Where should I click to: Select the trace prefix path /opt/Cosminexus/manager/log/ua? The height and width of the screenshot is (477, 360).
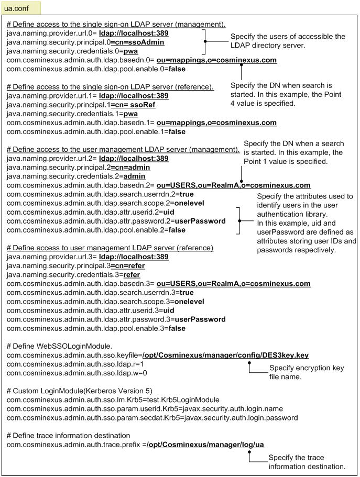coord(206,445)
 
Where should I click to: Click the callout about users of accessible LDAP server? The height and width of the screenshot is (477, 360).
coord(288,40)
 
